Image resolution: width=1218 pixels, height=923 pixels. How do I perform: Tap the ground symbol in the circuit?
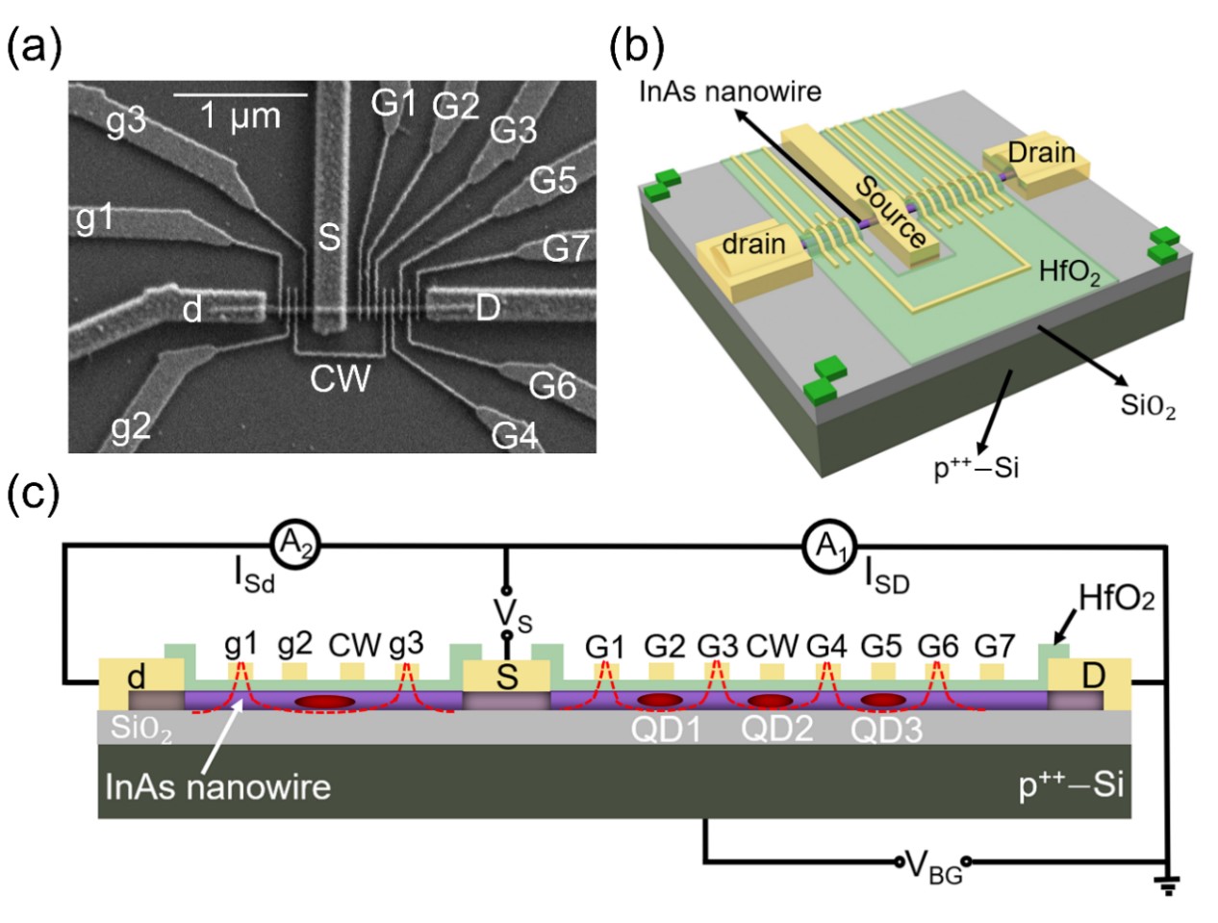[1167, 883]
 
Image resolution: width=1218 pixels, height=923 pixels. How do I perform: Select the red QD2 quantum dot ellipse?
[770, 702]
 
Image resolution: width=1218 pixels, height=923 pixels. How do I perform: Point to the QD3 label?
[886, 731]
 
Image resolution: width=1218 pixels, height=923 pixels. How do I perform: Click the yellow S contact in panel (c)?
[506, 677]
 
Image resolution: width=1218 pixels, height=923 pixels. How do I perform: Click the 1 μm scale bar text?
[240, 116]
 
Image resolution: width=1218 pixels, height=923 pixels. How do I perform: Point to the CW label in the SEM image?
[340, 379]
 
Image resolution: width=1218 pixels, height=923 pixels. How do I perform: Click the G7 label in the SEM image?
[565, 248]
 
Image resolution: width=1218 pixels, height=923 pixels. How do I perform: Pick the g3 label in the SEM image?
[125, 121]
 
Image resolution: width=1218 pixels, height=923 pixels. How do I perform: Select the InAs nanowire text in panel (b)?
[730, 92]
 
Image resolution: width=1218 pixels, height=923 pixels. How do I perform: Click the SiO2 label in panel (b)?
[1148, 405]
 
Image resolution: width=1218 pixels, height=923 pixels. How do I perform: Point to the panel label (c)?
[33, 495]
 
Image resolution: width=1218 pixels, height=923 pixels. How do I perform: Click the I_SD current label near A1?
[886, 577]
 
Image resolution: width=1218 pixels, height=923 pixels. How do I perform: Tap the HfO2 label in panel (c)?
[1116, 599]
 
